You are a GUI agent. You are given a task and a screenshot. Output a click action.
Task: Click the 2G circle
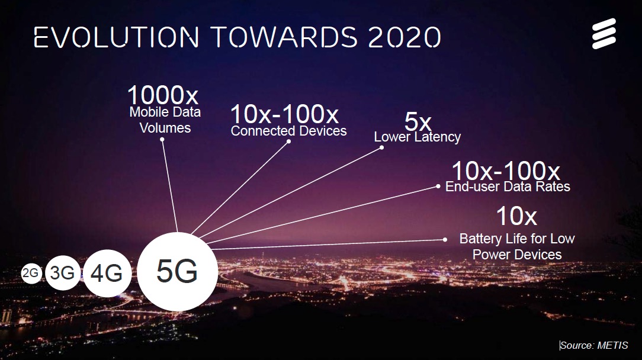pos(31,273)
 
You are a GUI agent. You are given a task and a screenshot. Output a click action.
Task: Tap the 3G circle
pos(63,273)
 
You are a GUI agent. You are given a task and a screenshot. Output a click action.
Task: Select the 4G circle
pos(107,273)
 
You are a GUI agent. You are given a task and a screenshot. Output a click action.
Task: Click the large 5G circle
pos(177,272)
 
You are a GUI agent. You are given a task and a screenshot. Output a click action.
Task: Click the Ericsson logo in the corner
pos(604,34)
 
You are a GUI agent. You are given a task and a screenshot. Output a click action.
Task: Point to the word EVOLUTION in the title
pos(117,37)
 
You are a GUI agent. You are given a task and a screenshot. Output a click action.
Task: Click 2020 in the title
pos(405,37)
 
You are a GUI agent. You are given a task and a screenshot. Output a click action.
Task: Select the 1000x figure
pos(163,95)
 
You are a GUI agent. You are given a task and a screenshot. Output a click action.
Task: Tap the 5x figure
pos(418,121)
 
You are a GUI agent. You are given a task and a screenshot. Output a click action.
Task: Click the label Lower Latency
pos(417,137)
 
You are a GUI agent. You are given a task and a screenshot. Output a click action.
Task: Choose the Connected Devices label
pos(288,131)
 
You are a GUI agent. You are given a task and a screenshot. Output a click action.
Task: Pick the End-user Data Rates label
pos(508,187)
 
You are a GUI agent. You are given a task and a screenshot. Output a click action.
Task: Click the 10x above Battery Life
pos(516,216)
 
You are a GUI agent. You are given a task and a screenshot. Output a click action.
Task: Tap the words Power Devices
pos(517,255)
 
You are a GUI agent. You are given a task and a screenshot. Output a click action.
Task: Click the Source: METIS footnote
pos(593,345)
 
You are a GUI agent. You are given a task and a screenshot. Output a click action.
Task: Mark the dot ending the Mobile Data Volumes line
pos(162,140)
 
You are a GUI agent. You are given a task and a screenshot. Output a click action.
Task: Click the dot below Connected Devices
pos(288,142)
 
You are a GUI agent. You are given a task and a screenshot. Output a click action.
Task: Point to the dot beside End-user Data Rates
pos(438,187)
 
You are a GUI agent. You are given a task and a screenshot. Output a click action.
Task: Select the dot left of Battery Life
pos(445,240)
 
